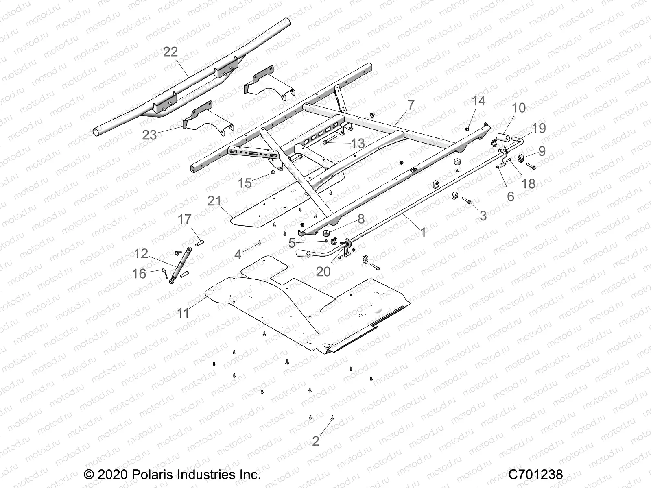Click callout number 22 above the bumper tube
tap(170, 52)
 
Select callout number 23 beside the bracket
tap(149, 135)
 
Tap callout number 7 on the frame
tap(411, 105)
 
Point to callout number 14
tap(479, 101)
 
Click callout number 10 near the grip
tap(519, 108)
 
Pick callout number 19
tap(539, 128)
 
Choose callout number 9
tap(542, 151)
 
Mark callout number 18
tap(529, 184)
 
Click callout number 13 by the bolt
tap(358, 143)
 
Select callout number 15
tap(245, 183)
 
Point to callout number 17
tap(184, 219)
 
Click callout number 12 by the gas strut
tap(141, 254)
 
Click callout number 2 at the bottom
tap(316, 441)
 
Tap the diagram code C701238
tap(535, 474)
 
